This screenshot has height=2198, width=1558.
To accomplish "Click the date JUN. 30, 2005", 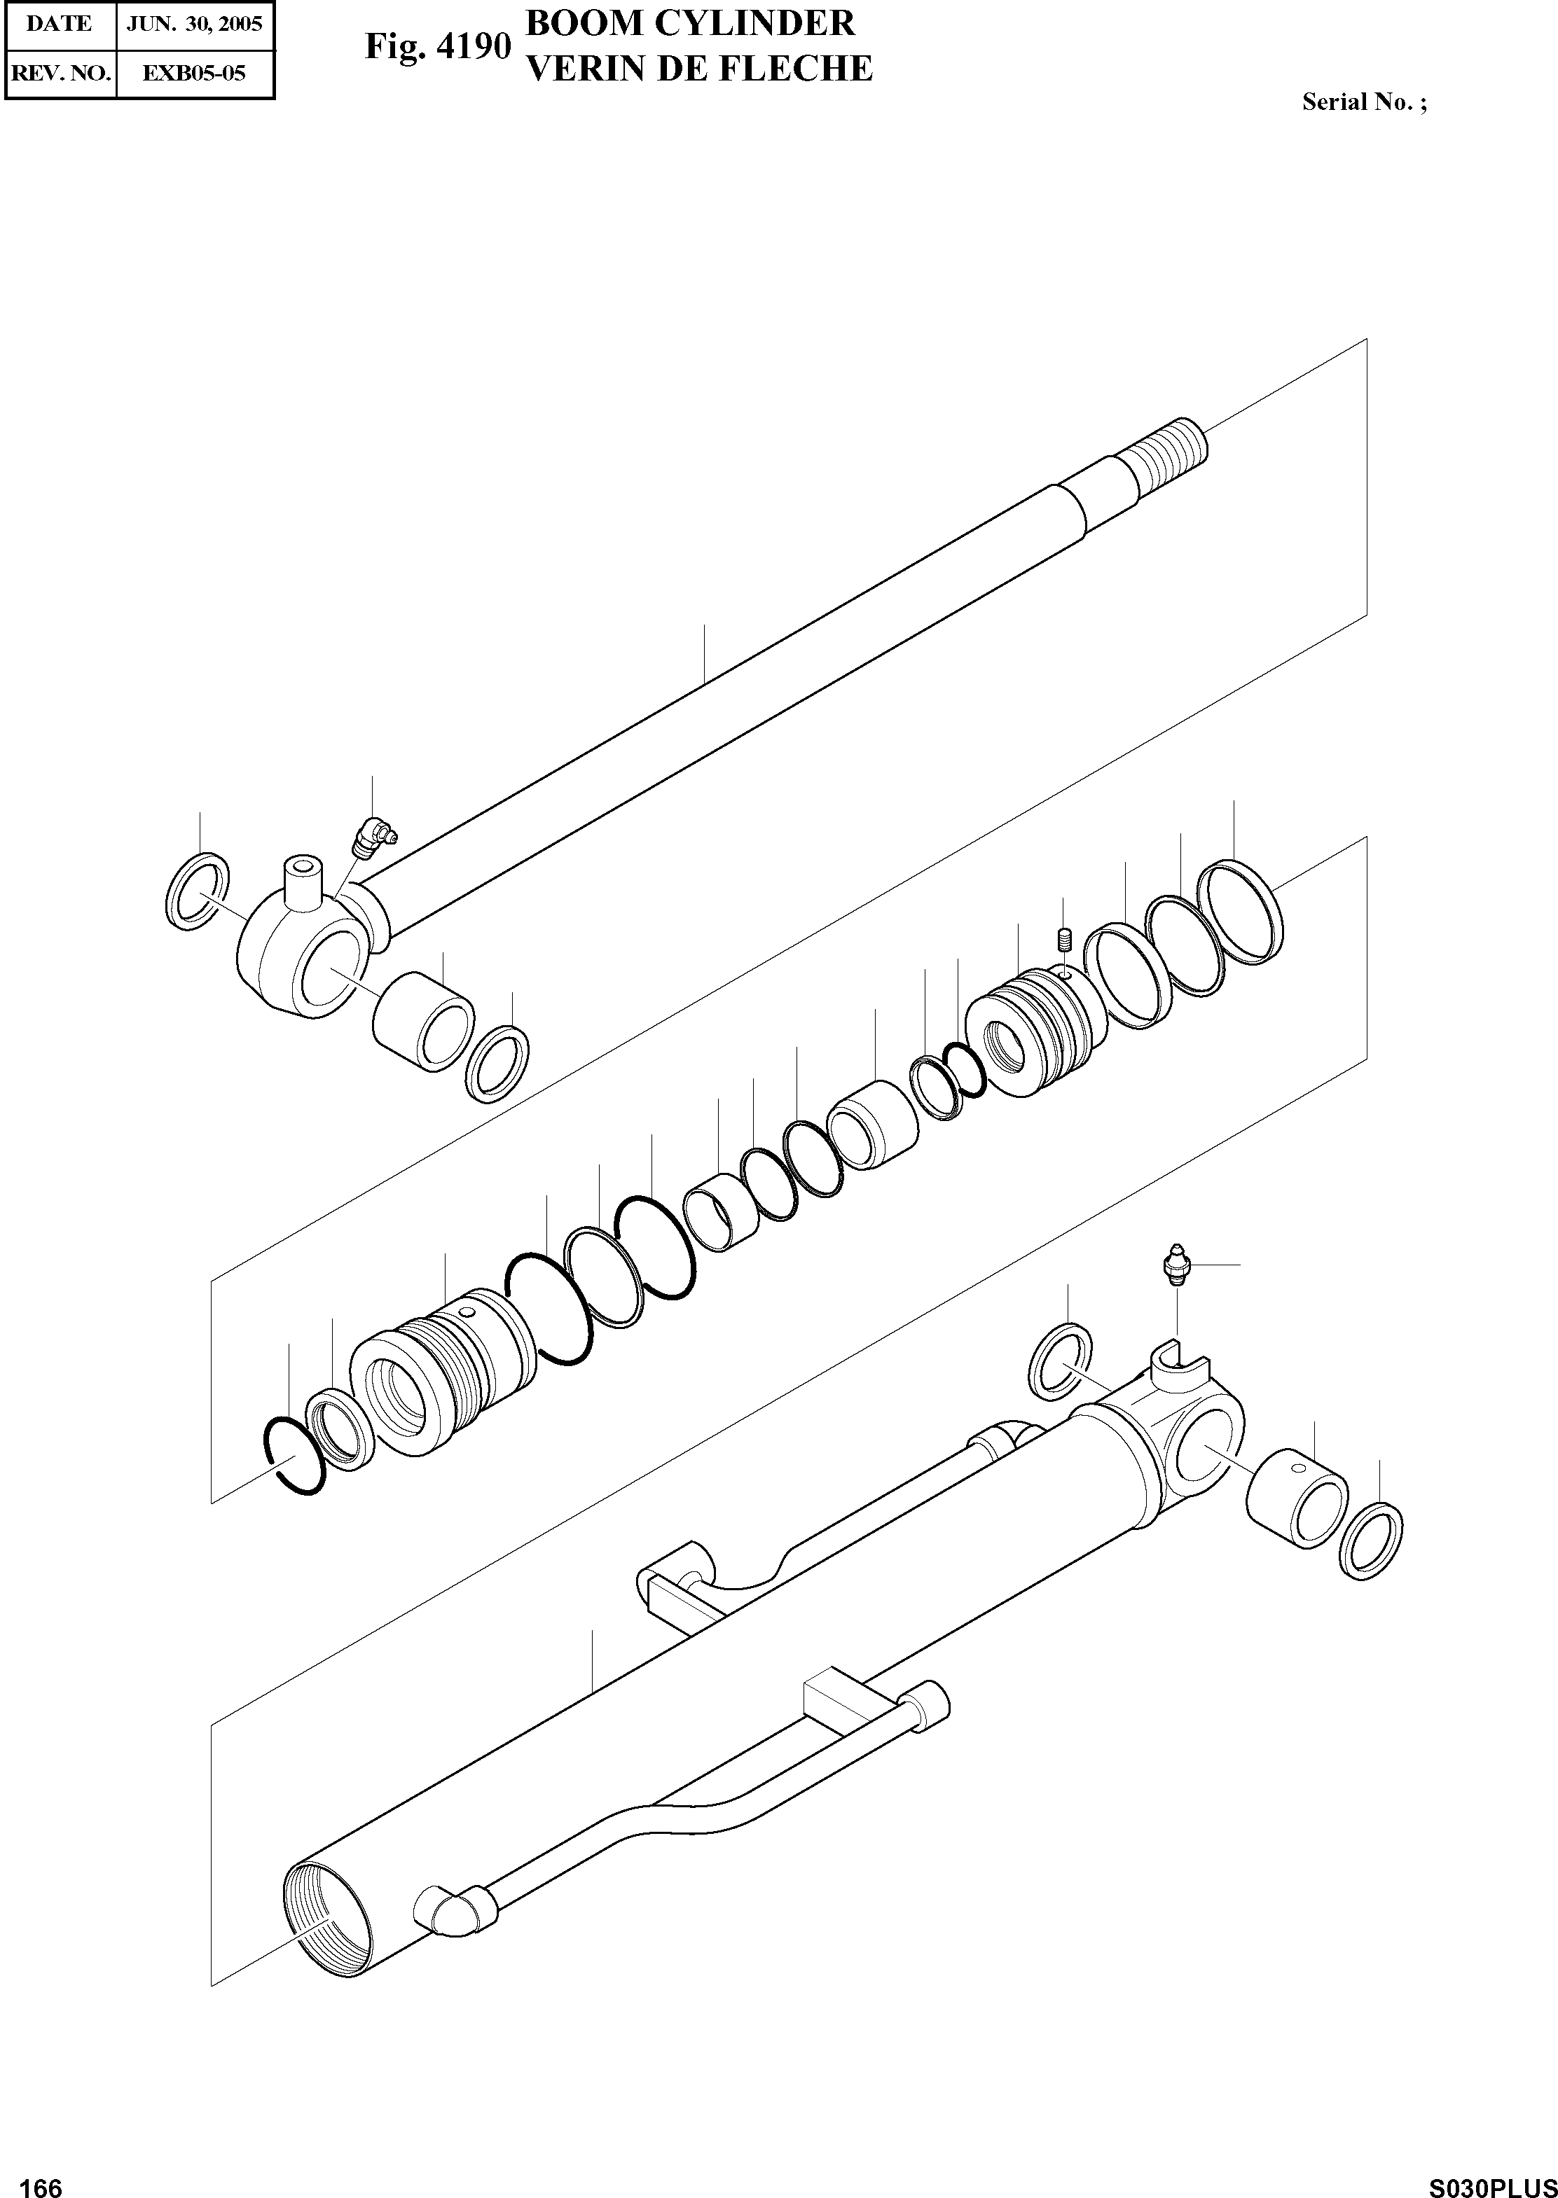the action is (195, 24).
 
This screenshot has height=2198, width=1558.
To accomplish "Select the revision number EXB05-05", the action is (195, 73).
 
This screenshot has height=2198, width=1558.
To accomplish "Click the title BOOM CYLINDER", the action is (691, 23).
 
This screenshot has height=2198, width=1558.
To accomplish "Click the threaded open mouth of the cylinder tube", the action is (328, 1924).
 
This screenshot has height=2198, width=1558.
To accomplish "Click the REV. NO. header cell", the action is (60, 73).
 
